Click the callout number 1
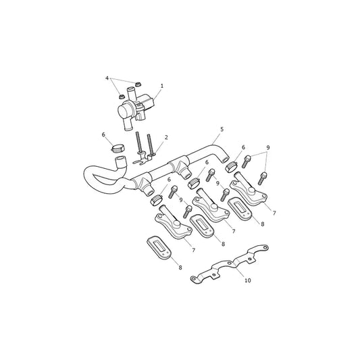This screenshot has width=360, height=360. pos(162,86)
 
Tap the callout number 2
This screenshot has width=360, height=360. pos(166,137)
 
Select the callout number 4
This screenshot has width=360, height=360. pos(107,78)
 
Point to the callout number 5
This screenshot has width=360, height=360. pos(222,129)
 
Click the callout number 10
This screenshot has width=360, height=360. pos(248,280)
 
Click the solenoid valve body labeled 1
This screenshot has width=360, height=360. pos(136,108)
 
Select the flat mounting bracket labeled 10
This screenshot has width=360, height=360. pos(230,264)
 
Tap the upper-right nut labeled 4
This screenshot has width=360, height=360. pos(138,84)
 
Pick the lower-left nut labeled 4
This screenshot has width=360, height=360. pos(122,97)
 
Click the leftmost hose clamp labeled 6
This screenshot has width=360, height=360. pos(118,148)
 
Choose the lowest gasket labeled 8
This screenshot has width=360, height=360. pos(159,247)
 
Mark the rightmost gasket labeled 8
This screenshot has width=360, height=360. pos(240,209)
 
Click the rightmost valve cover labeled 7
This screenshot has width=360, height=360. pos(249,190)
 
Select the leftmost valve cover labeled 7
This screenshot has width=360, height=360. pos(174,224)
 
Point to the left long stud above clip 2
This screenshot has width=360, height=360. pos(138,143)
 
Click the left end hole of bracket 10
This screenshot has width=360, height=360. pos(193,279)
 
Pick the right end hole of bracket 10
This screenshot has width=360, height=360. pos(265,247)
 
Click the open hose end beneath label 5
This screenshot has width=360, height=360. pos(226,159)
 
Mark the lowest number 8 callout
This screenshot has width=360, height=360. pos(180,267)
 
